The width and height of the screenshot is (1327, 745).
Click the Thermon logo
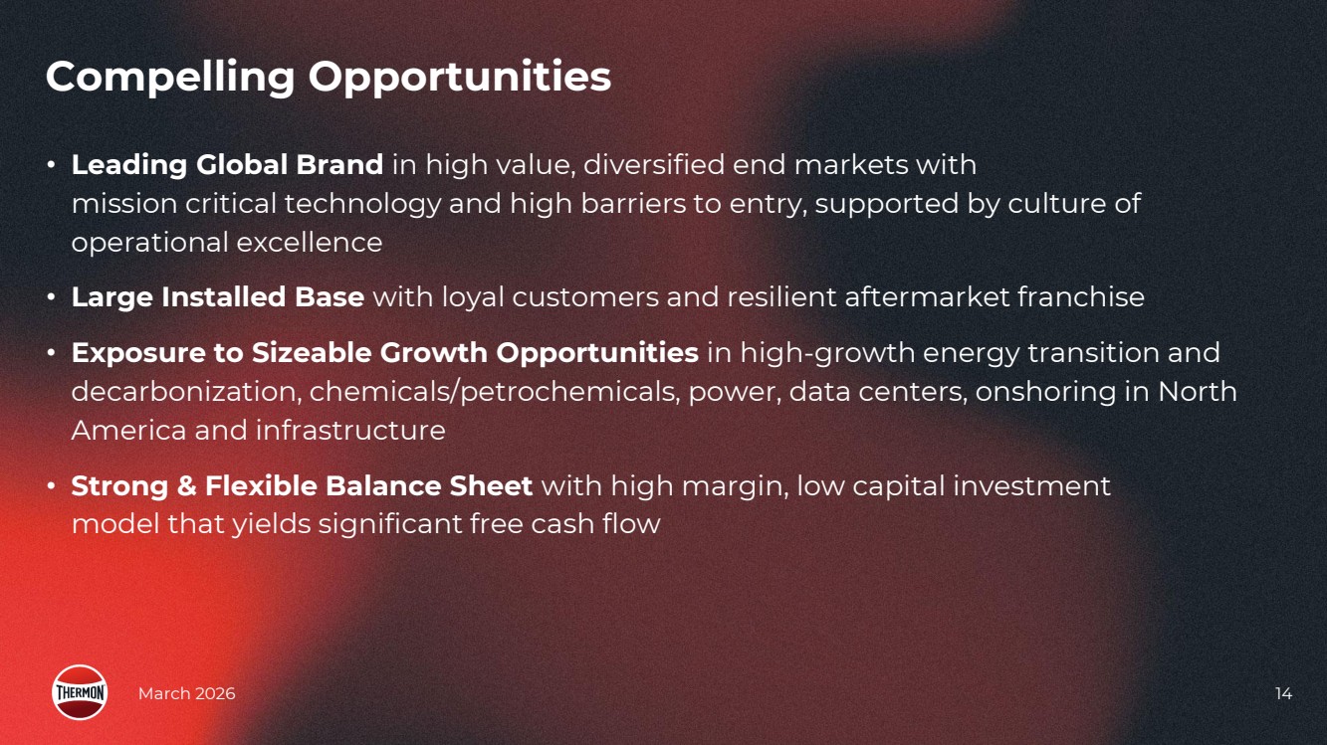click(80, 692)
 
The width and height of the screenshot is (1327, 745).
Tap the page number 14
click(1283, 693)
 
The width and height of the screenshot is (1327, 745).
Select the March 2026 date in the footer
click(186, 693)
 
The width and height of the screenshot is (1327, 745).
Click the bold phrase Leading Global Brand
click(227, 165)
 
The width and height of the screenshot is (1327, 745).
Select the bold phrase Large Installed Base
click(217, 297)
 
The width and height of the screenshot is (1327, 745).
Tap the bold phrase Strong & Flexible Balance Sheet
click(302, 485)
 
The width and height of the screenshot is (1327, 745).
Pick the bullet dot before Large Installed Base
click(51, 297)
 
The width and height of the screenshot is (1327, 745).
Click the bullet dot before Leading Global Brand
click(51, 164)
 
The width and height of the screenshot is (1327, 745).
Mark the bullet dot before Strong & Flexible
click(51, 485)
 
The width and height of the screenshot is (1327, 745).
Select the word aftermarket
click(927, 297)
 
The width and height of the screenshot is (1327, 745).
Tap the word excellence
click(310, 243)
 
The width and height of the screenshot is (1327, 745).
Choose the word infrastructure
click(350, 431)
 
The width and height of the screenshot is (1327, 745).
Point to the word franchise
click(1081, 297)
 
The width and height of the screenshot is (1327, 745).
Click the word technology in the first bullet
click(362, 205)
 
